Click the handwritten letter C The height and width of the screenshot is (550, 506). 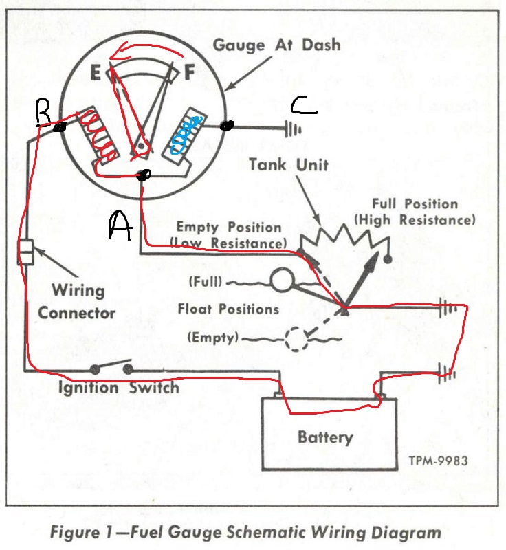click(x=303, y=104)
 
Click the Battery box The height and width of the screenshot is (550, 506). click(x=325, y=437)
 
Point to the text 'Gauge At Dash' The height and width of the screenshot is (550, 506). click(x=276, y=45)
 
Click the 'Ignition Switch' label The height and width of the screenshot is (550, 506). click(x=118, y=388)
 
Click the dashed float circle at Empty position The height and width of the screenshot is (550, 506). click(x=296, y=338)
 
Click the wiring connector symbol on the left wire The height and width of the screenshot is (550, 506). click(x=27, y=252)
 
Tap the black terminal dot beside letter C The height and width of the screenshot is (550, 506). click(x=227, y=125)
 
